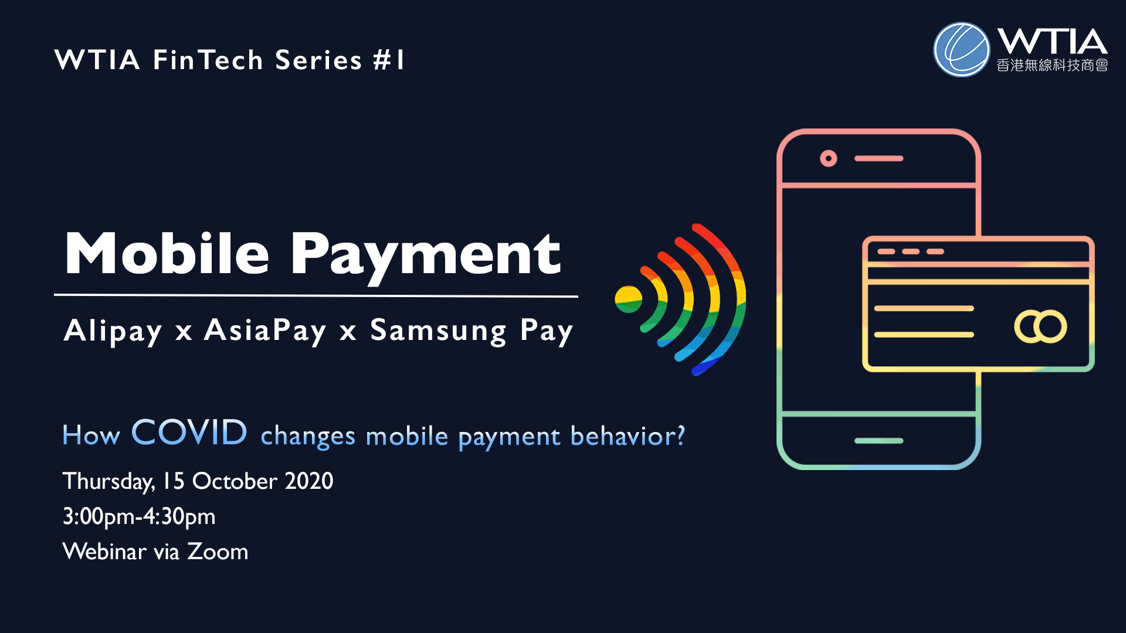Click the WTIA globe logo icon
point(961,50)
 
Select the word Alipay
point(113,331)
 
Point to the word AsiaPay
point(265,331)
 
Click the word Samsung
point(438,332)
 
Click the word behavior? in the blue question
point(628,436)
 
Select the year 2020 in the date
point(309,481)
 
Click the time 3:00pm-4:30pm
point(139,517)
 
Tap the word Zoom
point(218,552)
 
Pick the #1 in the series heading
point(389,60)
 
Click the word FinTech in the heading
point(208,60)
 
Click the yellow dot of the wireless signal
point(628,299)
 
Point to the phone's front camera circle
point(828,158)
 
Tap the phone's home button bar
point(879,441)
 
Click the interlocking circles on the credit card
point(1040,326)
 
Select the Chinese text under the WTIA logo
point(1052,65)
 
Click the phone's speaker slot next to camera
point(879,158)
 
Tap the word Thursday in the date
point(108,482)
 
